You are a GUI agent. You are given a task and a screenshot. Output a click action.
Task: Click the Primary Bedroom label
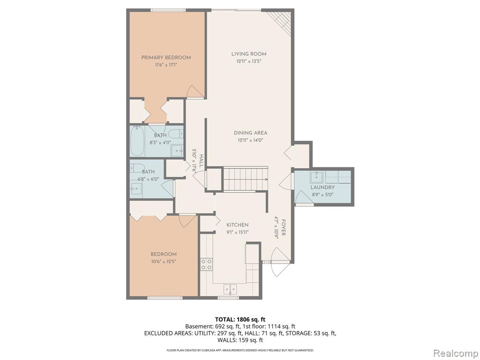coord(166,58)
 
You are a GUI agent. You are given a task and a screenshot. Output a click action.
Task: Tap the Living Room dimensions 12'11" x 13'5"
coord(248,61)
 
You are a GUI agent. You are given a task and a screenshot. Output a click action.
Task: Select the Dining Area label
coord(250,133)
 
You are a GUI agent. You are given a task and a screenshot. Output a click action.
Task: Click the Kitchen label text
coord(237,225)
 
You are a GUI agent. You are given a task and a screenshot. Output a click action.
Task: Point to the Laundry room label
coord(322,187)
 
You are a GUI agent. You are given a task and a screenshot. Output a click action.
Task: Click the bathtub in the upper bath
coord(137,141)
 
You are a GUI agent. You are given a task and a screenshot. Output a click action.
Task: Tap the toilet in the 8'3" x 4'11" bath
coord(176,134)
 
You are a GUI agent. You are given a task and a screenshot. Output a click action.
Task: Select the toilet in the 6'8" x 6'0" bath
coord(137,168)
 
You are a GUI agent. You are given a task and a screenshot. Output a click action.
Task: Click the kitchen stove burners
coord(207,264)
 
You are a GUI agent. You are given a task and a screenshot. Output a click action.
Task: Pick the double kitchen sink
coord(230,289)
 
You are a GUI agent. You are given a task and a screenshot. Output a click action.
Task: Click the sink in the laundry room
coord(316,177)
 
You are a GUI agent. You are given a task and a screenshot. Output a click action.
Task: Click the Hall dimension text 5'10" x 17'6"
coord(194,161)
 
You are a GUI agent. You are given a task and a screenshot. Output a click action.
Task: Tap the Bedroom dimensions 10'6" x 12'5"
coord(164,262)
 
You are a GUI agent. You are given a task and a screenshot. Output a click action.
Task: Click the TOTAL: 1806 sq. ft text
coord(240,320)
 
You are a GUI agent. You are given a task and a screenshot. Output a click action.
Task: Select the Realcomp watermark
coord(455,353)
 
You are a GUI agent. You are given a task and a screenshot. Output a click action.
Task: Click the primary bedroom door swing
coord(194,91)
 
